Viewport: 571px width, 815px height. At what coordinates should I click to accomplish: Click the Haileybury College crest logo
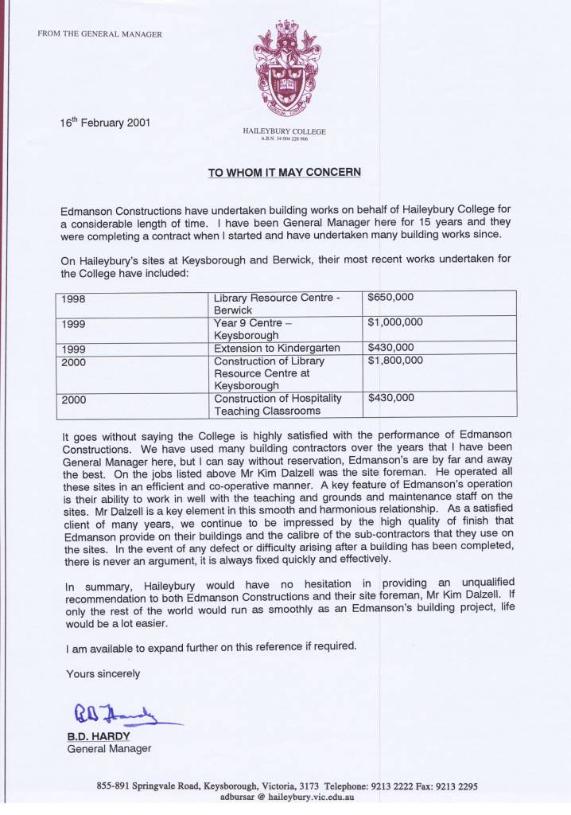click(x=285, y=68)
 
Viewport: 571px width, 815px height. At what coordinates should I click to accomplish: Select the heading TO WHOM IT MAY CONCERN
click(x=285, y=171)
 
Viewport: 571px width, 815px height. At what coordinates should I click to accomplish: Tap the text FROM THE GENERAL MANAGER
click(x=99, y=34)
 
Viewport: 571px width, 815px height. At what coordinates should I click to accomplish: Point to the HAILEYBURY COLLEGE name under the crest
click(x=284, y=131)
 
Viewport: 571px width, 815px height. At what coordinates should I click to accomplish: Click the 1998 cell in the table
click(x=73, y=299)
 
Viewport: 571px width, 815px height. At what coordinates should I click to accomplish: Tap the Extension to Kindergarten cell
click(x=277, y=348)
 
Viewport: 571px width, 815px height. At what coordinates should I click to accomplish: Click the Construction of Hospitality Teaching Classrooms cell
click(x=278, y=404)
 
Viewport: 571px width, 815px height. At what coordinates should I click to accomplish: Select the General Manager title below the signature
click(x=109, y=748)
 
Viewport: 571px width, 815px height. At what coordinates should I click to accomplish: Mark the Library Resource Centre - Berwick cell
click(x=278, y=303)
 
